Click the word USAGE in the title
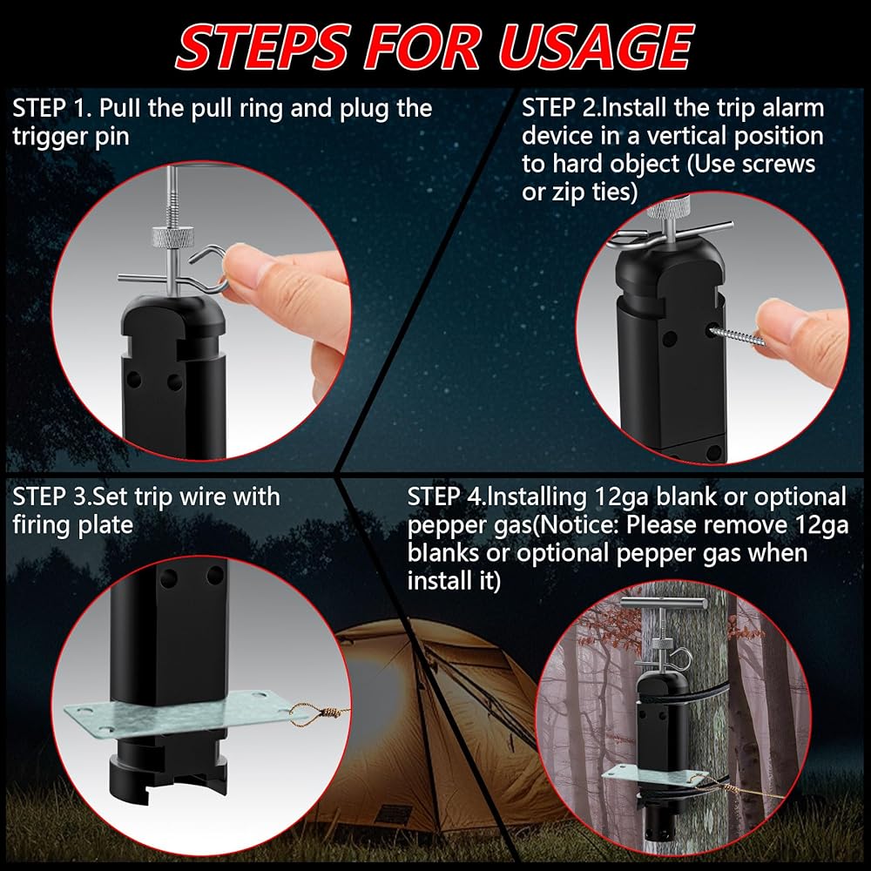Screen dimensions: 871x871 (x=594, y=47)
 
